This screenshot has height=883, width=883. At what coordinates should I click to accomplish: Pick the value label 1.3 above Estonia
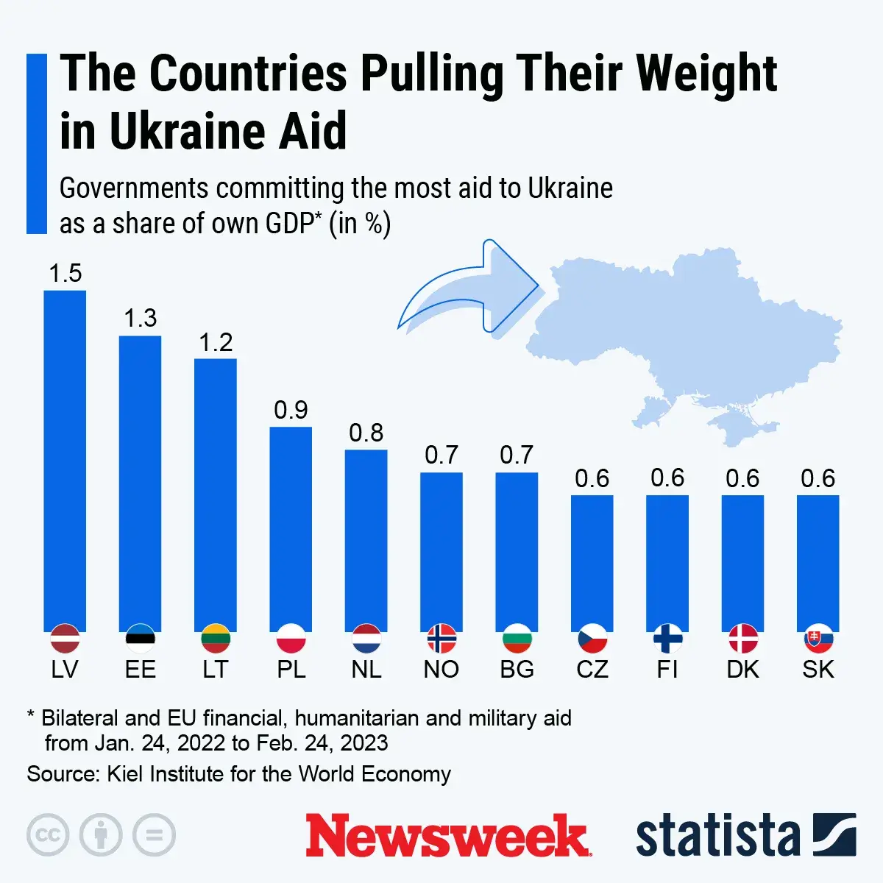point(140,318)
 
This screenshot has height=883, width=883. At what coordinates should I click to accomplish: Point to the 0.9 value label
point(291,410)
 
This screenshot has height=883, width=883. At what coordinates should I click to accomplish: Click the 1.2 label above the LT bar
point(216,342)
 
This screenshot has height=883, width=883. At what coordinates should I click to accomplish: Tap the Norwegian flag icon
point(441,639)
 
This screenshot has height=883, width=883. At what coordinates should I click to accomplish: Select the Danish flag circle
point(742,639)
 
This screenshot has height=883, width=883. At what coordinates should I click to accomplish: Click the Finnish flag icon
point(667,639)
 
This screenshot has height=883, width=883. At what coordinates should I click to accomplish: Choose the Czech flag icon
point(592,639)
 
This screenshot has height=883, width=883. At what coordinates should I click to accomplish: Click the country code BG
point(517,670)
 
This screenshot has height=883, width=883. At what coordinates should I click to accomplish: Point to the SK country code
point(818,670)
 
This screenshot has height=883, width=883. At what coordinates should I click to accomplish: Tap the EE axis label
point(140,670)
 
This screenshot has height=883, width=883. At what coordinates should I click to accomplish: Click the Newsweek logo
point(447,836)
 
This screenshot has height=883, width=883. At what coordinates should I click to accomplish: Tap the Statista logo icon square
point(834,835)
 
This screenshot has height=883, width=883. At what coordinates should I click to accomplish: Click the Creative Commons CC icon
point(48,835)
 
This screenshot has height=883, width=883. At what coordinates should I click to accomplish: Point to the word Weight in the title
point(706,74)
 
